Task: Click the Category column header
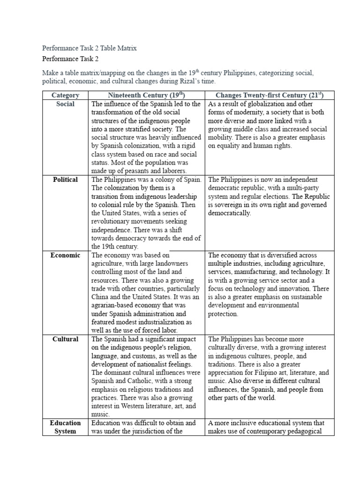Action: pyautogui.click(x=65, y=95)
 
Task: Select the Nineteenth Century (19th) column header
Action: pyautogui.click(x=146, y=95)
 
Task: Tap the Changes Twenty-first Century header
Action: pyautogui.click(x=270, y=95)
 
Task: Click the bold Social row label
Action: pyautogui.click(x=65, y=104)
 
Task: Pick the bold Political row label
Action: pyautogui.click(x=65, y=180)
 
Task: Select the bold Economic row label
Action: pyautogui.click(x=65, y=255)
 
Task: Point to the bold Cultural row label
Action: pyautogui.click(x=65, y=339)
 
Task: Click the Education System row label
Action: pyautogui.click(x=65, y=427)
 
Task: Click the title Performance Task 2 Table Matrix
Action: pyautogui.click(x=89, y=48)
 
